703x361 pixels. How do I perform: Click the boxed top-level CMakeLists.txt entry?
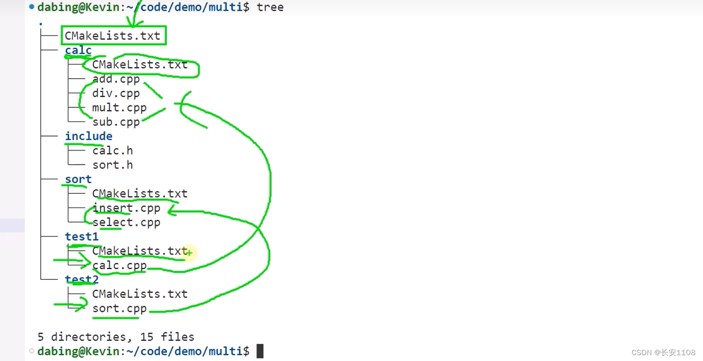(113, 35)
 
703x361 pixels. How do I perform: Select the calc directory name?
(78, 50)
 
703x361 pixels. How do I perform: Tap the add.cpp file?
(116, 79)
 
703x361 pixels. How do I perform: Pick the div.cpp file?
(116, 93)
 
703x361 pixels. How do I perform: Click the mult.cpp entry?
(119, 107)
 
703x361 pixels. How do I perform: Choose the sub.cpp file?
(116, 122)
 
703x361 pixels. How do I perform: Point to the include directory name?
(89, 136)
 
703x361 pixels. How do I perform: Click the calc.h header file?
(113, 151)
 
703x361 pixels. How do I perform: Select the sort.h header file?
(113, 165)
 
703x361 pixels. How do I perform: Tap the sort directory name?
(78, 179)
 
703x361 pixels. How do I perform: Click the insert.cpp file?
(126, 208)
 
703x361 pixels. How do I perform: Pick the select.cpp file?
(126, 223)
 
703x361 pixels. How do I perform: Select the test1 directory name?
(82, 237)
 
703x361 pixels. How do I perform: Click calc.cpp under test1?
(119, 265)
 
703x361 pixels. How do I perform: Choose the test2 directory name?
(82, 279)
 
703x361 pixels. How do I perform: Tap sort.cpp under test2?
(119, 308)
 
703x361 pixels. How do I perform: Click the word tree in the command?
(270, 7)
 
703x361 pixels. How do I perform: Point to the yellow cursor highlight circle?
(189, 253)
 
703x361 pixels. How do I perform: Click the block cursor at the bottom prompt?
(260, 351)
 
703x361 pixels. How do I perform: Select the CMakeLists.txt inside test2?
(140, 294)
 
